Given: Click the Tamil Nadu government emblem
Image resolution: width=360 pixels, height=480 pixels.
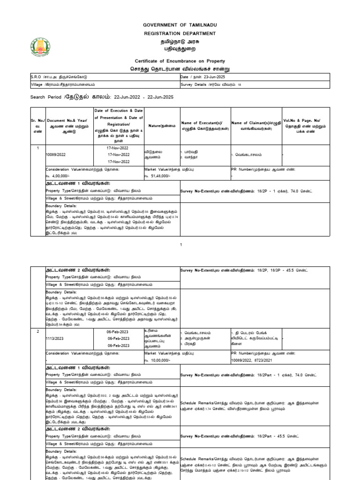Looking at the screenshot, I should [x=41, y=46].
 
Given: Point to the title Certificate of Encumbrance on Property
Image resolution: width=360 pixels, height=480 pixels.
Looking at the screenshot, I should [x=180, y=61].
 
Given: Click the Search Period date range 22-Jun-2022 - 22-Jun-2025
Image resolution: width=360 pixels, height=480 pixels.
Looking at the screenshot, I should [x=142, y=97].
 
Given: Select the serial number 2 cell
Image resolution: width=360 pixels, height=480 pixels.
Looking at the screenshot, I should [x=37, y=331].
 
